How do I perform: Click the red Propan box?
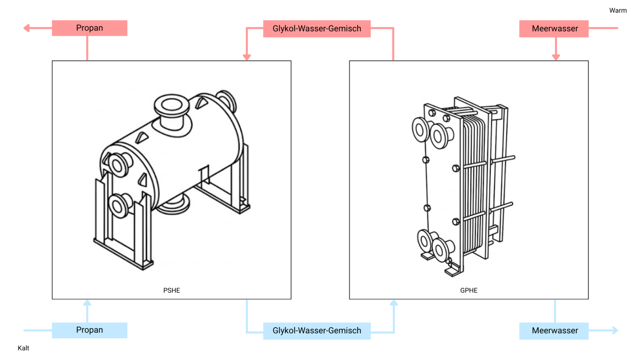coord(89,28)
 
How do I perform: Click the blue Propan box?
coord(89,330)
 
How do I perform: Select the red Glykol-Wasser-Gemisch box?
coord(316,29)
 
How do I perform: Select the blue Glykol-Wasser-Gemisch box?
coord(316,331)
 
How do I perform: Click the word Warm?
coord(618,11)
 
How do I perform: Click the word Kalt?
coord(23,348)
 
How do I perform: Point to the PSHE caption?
coord(171,290)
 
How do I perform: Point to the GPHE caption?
coord(469,290)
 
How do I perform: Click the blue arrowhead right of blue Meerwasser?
coord(615,331)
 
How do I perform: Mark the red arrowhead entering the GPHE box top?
coord(556,57)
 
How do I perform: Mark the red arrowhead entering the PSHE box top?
coord(247,57)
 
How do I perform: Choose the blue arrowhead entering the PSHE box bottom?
coord(87,303)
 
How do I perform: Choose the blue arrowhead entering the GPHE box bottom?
coord(394,303)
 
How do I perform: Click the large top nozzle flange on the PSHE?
coord(171,106)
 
